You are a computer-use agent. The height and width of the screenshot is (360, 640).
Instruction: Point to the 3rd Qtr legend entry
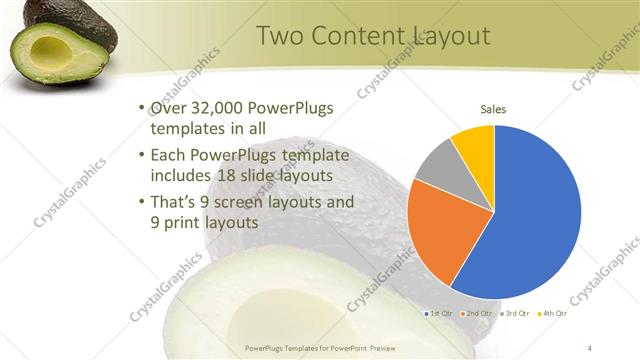coord(514,313)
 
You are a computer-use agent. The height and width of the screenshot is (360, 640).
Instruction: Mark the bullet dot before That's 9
coord(141,201)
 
